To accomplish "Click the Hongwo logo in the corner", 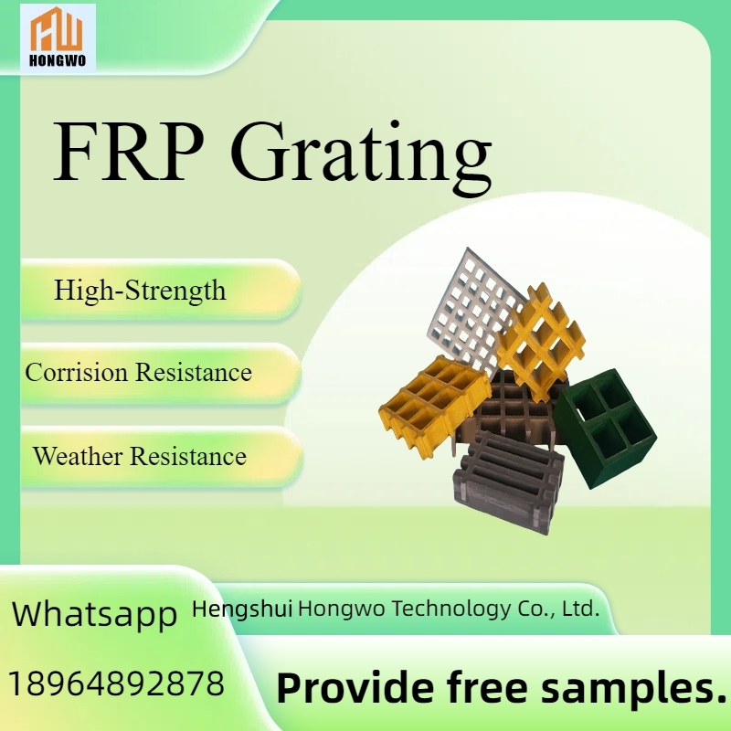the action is (x=58, y=37).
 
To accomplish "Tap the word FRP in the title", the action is (x=129, y=152).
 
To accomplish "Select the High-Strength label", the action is (x=140, y=291).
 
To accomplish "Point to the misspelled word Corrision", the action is (x=77, y=373).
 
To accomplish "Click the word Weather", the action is (x=78, y=455).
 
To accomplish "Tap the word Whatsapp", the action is (x=95, y=614).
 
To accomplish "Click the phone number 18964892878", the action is (x=117, y=683).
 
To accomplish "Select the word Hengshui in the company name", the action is (x=242, y=609).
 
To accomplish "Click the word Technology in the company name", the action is (x=451, y=609).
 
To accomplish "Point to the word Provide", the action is (x=355, y=688).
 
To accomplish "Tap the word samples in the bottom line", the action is (x=633, y=690).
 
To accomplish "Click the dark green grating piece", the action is (x=605, y=428).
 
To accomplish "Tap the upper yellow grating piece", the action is (x=541, y=340).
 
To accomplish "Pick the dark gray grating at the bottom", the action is (x=509, y=483).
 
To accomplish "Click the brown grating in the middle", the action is (x=513, y=410).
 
